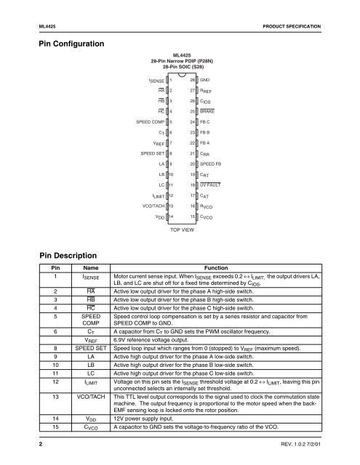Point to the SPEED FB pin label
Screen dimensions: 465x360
(211, 185)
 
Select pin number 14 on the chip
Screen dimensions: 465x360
(170, 238)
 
